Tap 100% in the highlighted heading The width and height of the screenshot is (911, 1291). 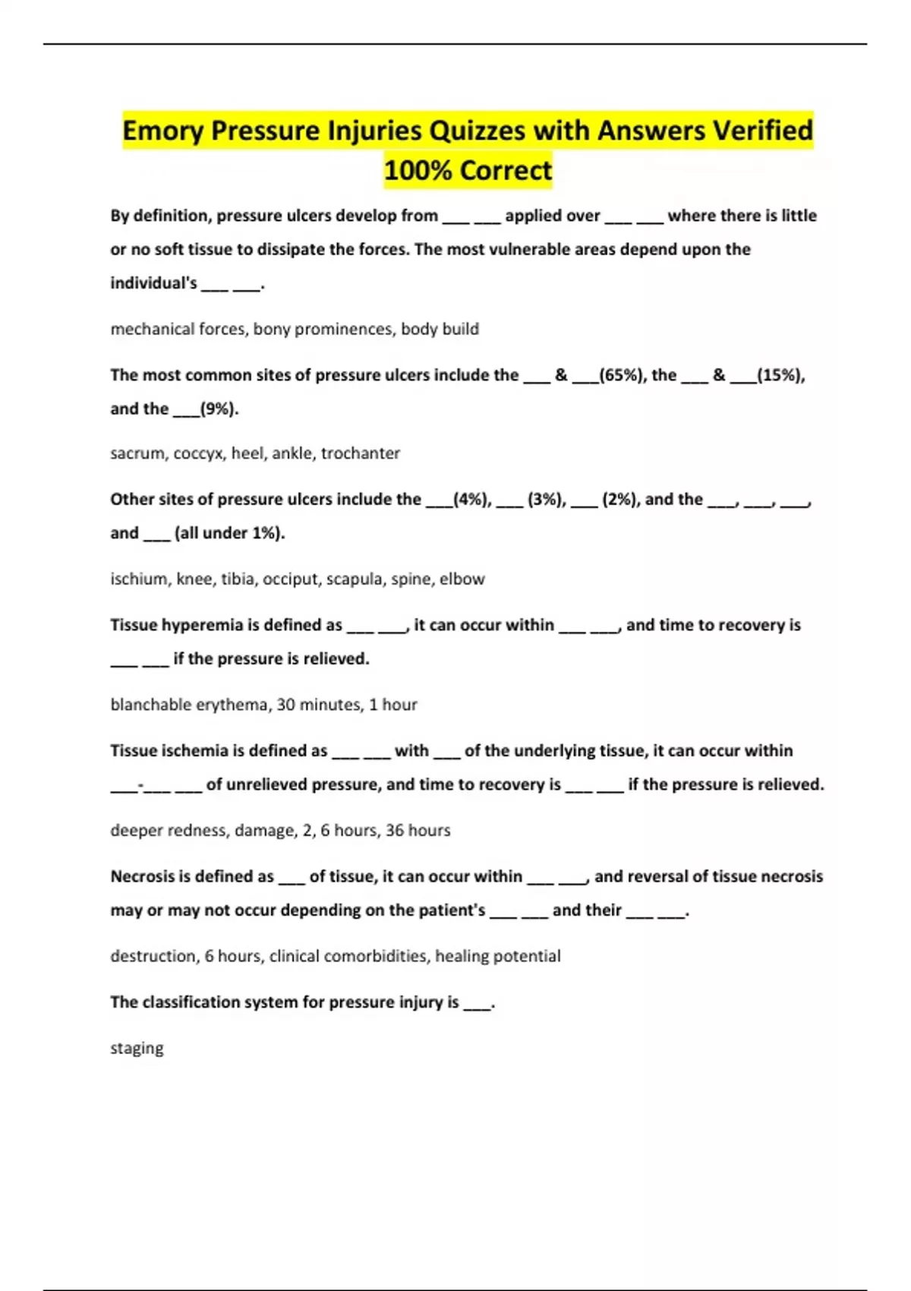pos(417,170)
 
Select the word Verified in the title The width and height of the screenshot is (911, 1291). pos(761,131)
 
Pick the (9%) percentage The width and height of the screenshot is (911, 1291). pos(219,409)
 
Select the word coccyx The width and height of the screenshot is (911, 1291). pos(198,453)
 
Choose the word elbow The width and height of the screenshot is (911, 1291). pos(462,579)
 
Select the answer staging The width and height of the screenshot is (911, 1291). pos(137,1048)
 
